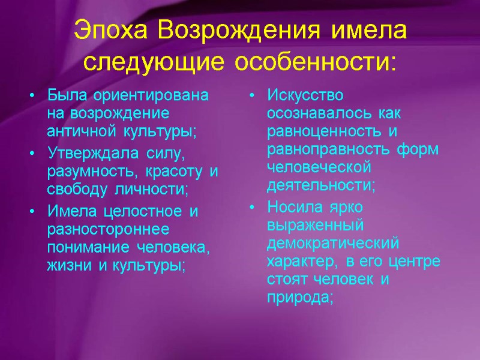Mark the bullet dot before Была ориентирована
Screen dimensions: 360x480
(32, 95)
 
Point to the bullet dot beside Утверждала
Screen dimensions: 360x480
(32, 155)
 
